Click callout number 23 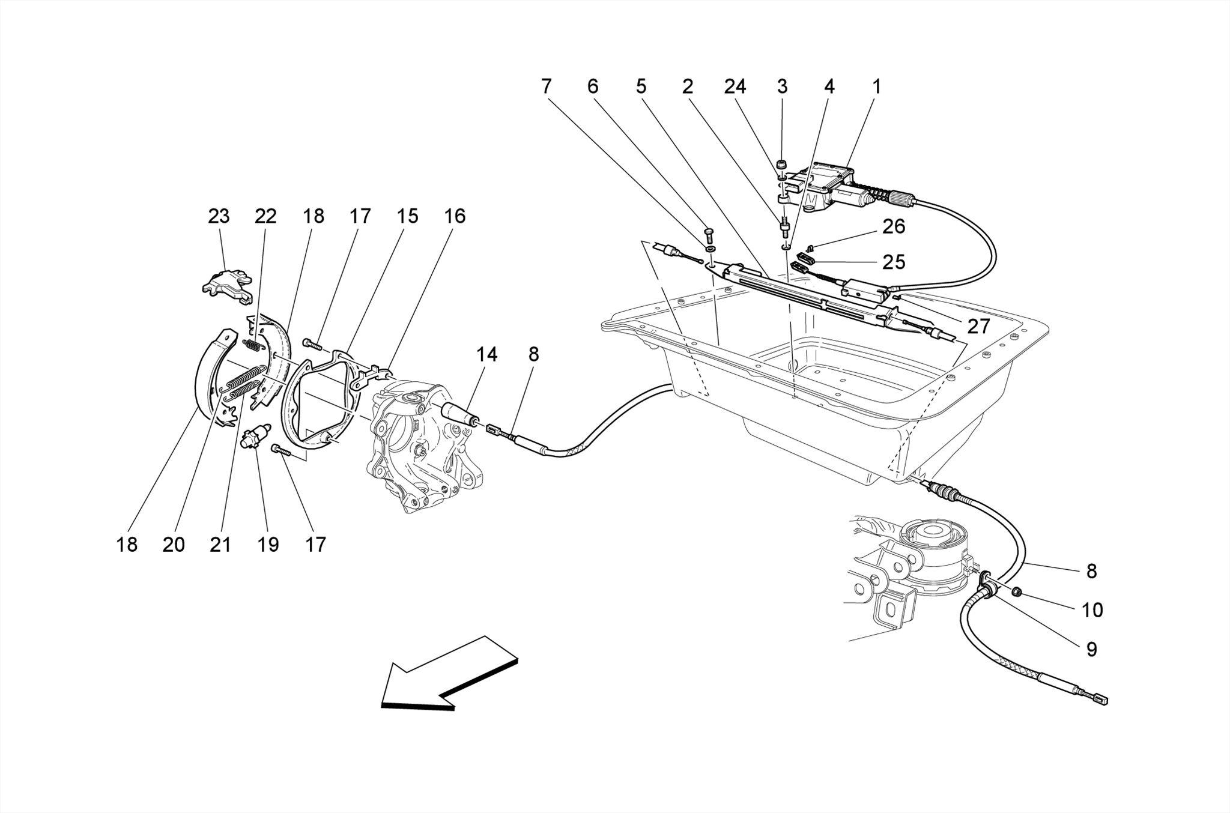(219, 216)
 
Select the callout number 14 (486, 355)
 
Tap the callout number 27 (978, 327)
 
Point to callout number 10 (1092, 610)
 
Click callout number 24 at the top (735, 87)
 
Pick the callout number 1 (876, 87)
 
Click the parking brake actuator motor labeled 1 (835, 183)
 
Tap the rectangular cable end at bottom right (1100, 700)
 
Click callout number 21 (220, 545)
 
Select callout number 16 (455, 216)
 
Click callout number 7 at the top (545, 87)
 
